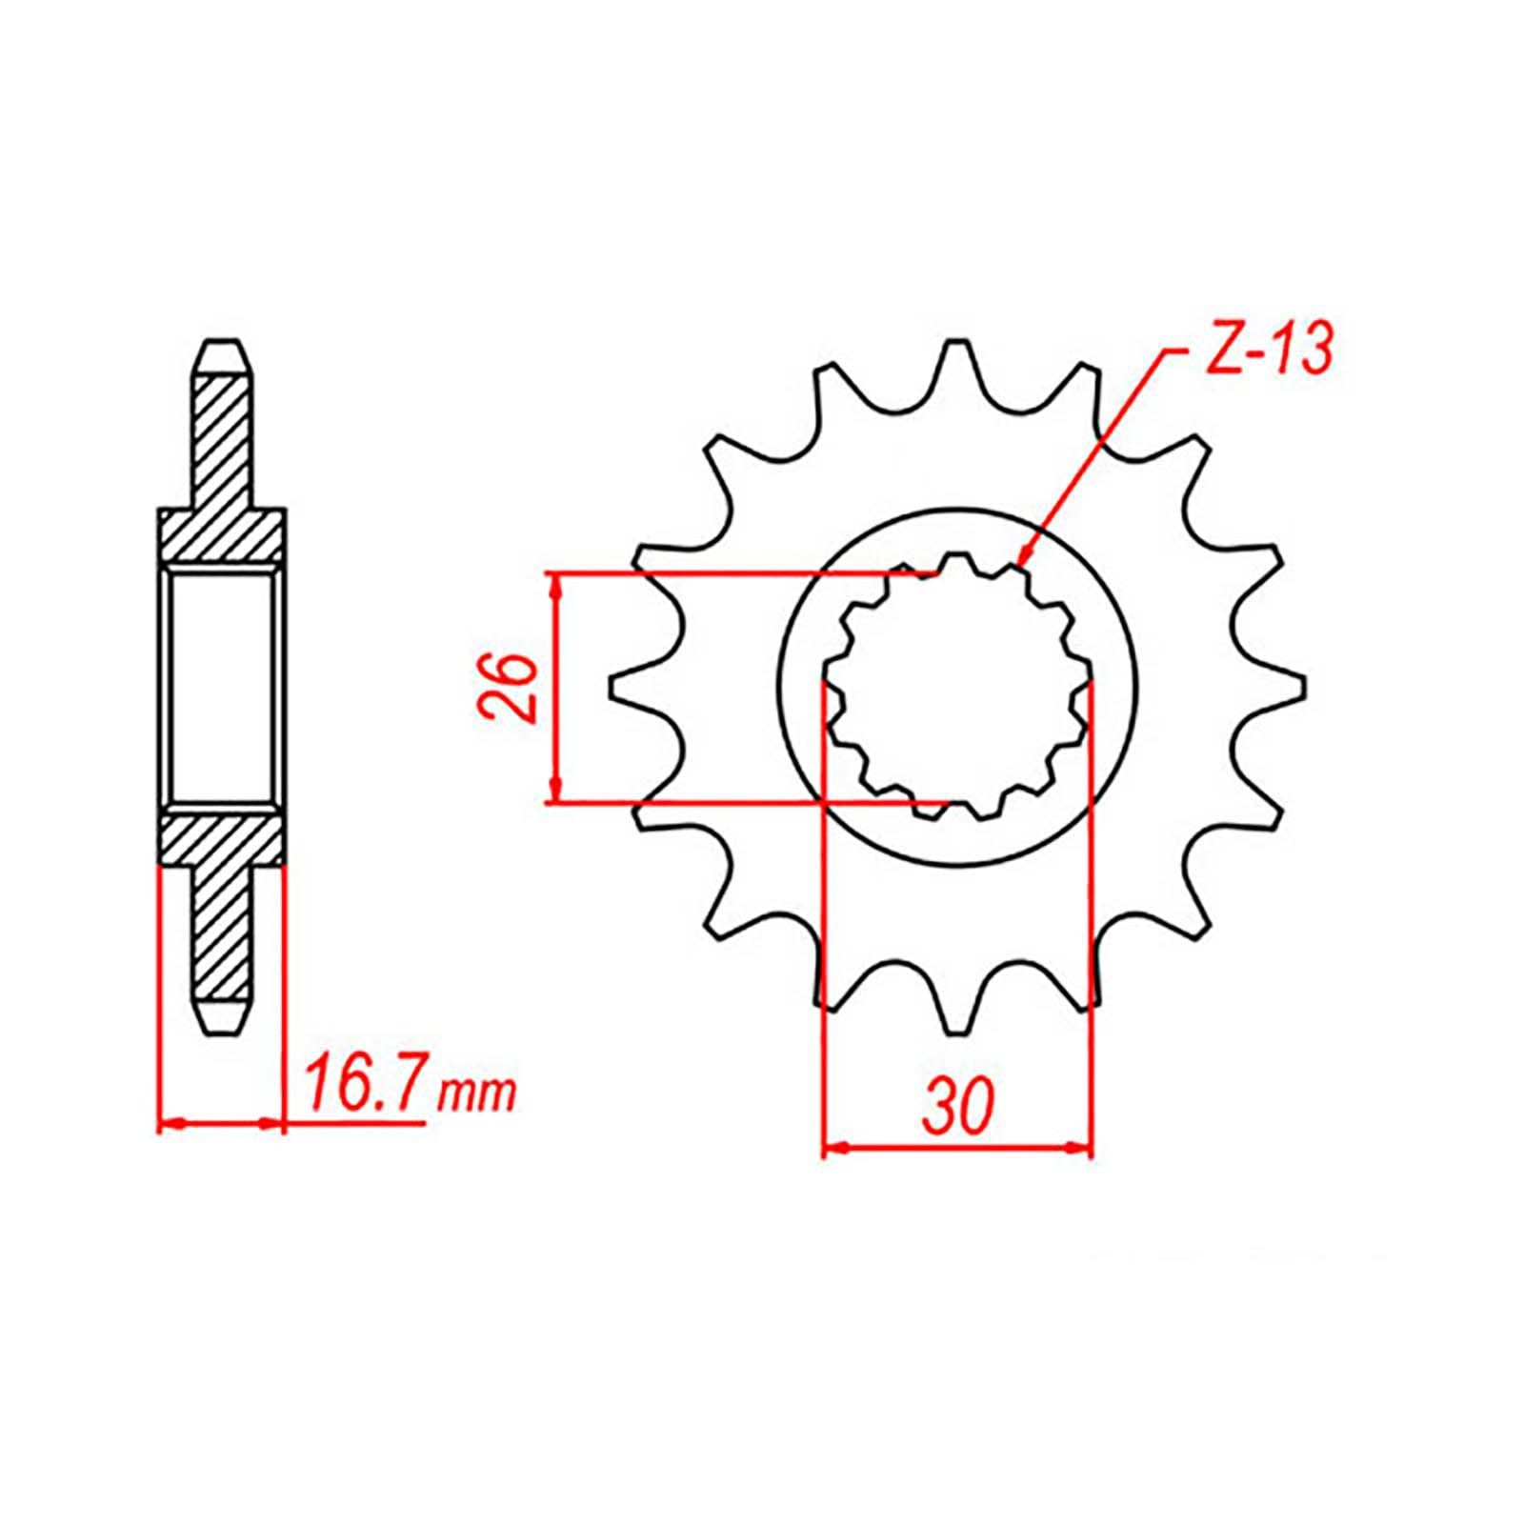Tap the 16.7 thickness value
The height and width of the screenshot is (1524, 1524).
pos(364,1087)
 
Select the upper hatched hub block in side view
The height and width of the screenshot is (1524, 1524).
pos(223,538)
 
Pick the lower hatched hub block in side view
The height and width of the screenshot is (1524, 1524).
pos(223,838)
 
